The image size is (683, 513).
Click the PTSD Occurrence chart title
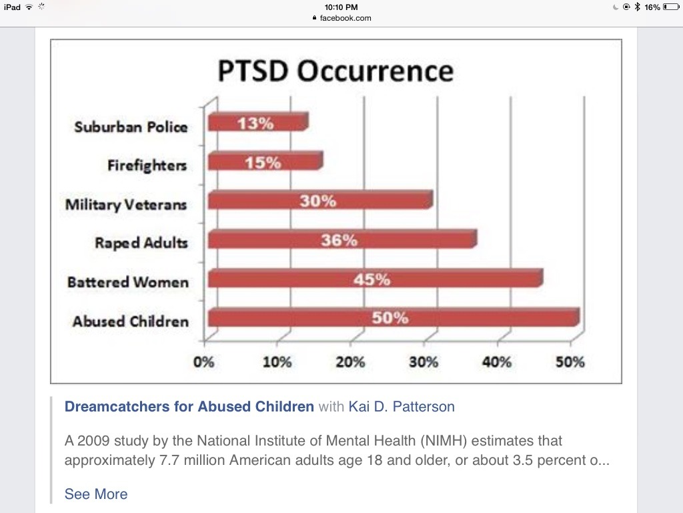pos(335,71)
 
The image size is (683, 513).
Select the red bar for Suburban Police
pos(257,123)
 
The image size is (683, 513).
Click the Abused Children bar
pos(394,319)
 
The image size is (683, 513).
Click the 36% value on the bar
pos(339,240)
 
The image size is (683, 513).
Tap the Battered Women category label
pos(128,282)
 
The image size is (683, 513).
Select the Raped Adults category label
pos(141,242)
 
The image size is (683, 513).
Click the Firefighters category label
pos(147,165)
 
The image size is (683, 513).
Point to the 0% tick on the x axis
pos(203,362)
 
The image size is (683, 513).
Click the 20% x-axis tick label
pos(350,362)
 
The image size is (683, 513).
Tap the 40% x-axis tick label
pos(497,362)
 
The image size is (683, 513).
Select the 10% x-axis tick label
pos(277,362)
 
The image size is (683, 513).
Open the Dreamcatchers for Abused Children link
pos(189,407)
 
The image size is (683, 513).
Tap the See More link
pos(96,494)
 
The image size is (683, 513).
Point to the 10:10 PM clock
pos(341,7)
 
